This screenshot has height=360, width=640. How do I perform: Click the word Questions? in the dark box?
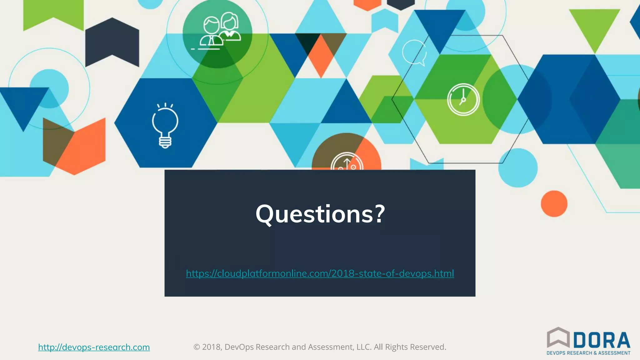tap(320, 214)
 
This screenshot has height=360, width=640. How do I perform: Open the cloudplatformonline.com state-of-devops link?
tap(320, 273)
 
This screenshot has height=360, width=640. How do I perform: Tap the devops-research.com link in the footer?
tap(94, 347)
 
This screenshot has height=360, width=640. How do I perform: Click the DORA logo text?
tap(602, 340)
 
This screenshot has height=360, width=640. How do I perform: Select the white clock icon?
tap(463, 100)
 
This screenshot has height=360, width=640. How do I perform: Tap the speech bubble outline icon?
tap(414, 52)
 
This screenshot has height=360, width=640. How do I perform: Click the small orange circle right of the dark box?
tap(554, 204)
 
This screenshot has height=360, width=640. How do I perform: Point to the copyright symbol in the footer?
tap(197, 347)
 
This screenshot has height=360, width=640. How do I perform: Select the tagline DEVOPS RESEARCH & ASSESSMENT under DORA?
tap(588, 353)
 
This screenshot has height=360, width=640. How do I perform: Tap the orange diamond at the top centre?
tap(321, 56)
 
